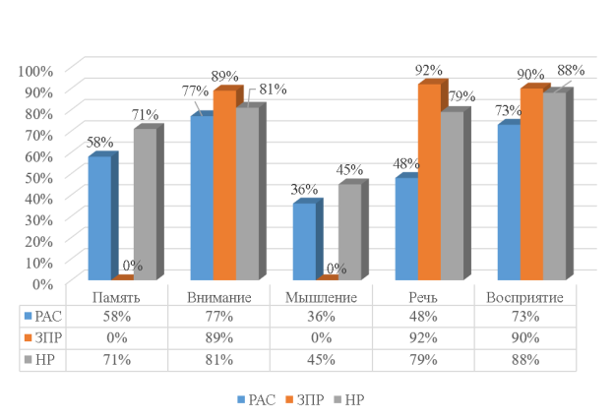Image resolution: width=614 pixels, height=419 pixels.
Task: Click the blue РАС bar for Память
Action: [x=98, y=218]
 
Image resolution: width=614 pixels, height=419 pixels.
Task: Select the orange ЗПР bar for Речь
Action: [x=428, y=183]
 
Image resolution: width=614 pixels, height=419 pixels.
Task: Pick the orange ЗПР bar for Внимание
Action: [x=224, y=186]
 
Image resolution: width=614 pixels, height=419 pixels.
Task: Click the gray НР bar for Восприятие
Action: [x=554, y=186]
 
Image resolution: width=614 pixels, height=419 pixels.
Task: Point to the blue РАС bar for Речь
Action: [x=405, y=229]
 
